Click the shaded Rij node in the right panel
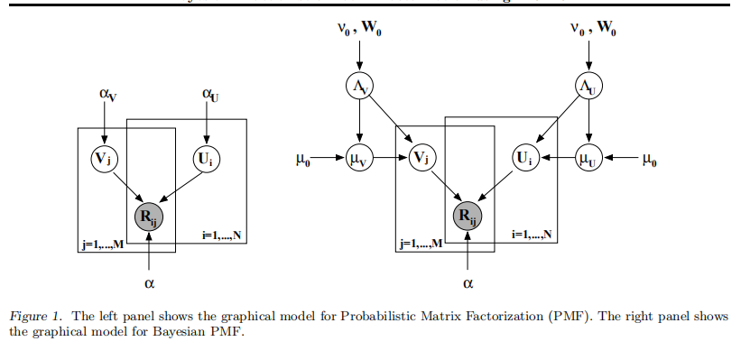point(467,215)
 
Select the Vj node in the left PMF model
point(104,159)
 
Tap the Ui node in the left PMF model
point(204,159)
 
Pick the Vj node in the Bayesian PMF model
point(421,159)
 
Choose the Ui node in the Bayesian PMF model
point(525,159)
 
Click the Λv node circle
point(359,87)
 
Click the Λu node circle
point(588,87)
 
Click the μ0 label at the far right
point(650,160)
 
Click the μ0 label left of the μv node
point(305,161)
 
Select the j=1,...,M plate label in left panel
point(100,245)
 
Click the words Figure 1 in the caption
point(36,317)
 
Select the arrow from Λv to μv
point(359,123)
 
